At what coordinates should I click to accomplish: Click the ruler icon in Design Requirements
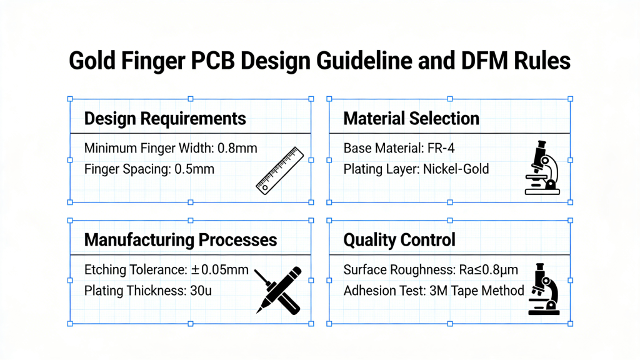point(279,169)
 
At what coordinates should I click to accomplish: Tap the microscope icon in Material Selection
point(542,167)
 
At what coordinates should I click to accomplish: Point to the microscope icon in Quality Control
point(542,289)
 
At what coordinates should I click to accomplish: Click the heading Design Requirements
point(165,118)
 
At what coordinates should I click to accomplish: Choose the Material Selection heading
point(411,118)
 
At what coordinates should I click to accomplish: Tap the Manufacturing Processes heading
point(180,239)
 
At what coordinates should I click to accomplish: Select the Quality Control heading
point(399,239)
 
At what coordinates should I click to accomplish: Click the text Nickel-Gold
point(456,169)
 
